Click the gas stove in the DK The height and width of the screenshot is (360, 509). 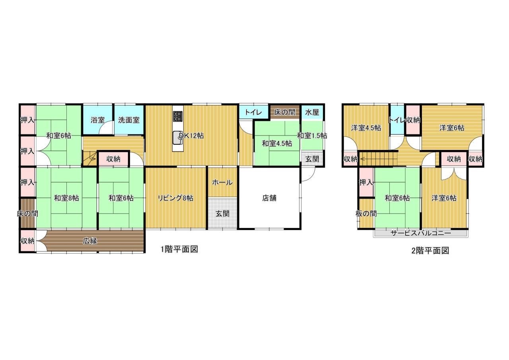178,116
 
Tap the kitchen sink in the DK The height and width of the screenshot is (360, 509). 177,138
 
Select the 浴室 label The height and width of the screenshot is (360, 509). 98,120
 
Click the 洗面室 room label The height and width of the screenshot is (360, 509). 128,120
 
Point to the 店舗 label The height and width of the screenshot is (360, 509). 269,198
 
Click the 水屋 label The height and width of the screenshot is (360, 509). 312,112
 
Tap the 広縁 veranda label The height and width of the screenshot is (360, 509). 90,241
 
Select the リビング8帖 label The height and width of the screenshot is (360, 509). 175,198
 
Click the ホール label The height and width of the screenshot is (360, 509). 222,182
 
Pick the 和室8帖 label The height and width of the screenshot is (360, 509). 66,198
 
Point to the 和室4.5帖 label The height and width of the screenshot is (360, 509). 277,144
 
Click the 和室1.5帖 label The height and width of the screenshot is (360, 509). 312,136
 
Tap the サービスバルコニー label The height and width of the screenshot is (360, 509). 421,233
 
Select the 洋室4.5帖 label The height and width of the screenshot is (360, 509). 366,128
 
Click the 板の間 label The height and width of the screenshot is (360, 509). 366,213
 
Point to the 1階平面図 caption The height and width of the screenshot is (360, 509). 179,249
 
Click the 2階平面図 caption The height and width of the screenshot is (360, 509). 430,251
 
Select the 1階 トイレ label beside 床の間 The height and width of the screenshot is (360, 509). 253,112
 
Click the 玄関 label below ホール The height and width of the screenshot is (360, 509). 222,213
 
